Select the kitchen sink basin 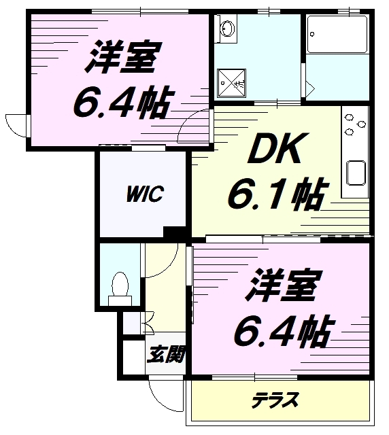pos(356,173)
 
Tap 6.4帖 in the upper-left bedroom pos(121,103)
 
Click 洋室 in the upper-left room pos(121,60)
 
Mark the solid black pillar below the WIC pos(176,232)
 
